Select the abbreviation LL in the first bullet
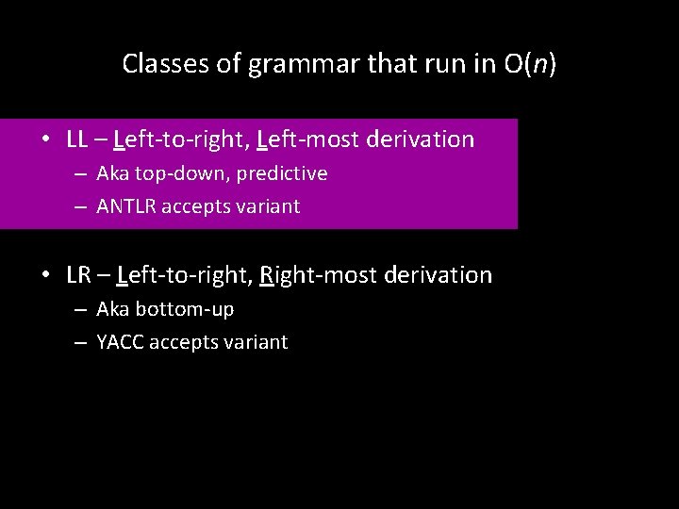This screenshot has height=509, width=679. pos(77,140)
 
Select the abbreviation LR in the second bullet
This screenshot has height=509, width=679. pos(78,275)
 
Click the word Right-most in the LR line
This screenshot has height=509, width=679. pos(310,275)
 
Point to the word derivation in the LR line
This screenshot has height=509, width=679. pos(437,275)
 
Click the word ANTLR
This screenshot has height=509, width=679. pos(126,206)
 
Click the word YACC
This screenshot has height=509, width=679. pos(121,342)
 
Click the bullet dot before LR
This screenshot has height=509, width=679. pos(46,276)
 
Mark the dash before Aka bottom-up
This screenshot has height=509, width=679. pos(80,310)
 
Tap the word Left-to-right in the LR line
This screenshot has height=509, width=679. pos(180,275)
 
